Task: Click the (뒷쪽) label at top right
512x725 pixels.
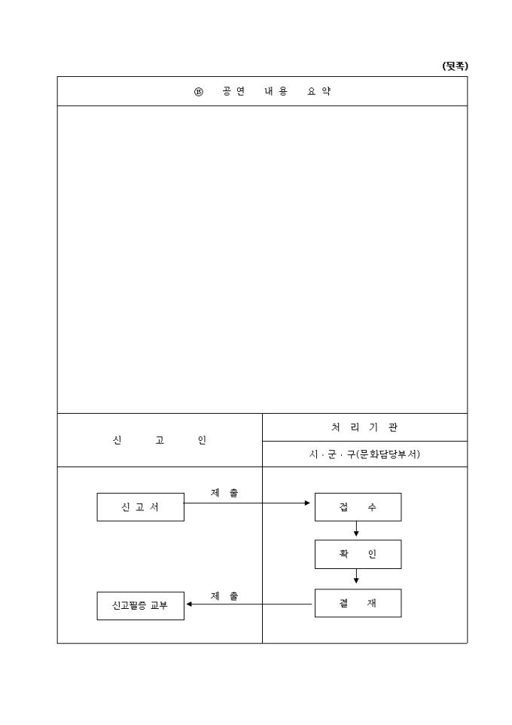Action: tap(455, 66)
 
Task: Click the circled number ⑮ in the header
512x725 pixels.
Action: tap(198, 91)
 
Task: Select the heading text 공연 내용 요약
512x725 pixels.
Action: tap(276, 91)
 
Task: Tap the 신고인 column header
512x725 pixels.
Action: tap(160, 440)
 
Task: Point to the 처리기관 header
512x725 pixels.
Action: tap(364, 427)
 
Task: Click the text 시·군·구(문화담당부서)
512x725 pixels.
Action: tap(364, 454)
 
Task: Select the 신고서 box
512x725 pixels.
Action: tap(141, 507)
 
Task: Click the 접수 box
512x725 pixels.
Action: tap(358, 507)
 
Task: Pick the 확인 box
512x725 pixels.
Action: tap(358, 555)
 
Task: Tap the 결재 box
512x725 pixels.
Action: tap(358, 603)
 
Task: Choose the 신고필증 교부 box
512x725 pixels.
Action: tap(141, 606)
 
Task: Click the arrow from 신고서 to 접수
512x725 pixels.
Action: tap(247, 503)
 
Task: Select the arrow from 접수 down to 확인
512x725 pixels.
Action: tap(356, 529)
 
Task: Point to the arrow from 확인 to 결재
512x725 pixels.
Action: tap(356, 576)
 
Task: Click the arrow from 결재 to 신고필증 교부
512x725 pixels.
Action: tap(249, 604)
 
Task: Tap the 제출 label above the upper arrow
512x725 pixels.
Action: tap(224, 493)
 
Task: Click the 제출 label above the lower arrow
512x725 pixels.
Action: tap(224, 596)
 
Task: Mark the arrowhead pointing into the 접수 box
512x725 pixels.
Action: tap(307, 503)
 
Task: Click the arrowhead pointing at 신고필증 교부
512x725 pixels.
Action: tap(189, 604)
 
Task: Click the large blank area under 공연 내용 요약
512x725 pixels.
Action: tap(263, 259)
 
